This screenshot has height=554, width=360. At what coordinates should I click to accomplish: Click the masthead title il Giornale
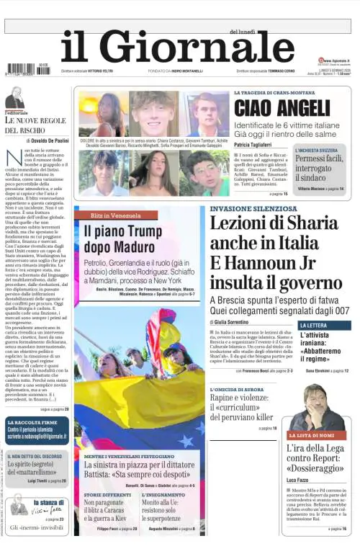[173, 50]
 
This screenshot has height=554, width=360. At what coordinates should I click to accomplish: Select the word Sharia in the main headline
[317, 225]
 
